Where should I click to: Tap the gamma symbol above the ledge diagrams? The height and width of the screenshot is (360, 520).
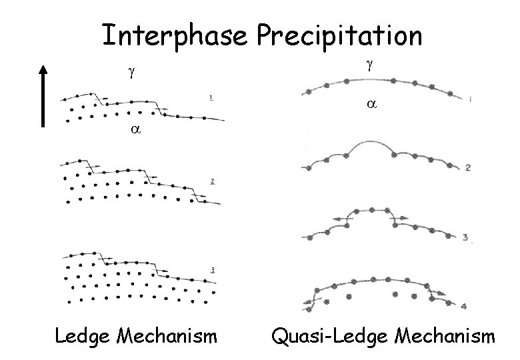click(x=131, y=73)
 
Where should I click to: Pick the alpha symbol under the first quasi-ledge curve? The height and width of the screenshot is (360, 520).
click(x=371, y=105)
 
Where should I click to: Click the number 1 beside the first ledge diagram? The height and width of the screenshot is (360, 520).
click(x=211, y=99)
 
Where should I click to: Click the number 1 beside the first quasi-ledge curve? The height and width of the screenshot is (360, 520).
click(x=471, y=99)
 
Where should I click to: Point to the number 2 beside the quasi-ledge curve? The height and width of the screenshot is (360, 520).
click(x=468, y=168)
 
